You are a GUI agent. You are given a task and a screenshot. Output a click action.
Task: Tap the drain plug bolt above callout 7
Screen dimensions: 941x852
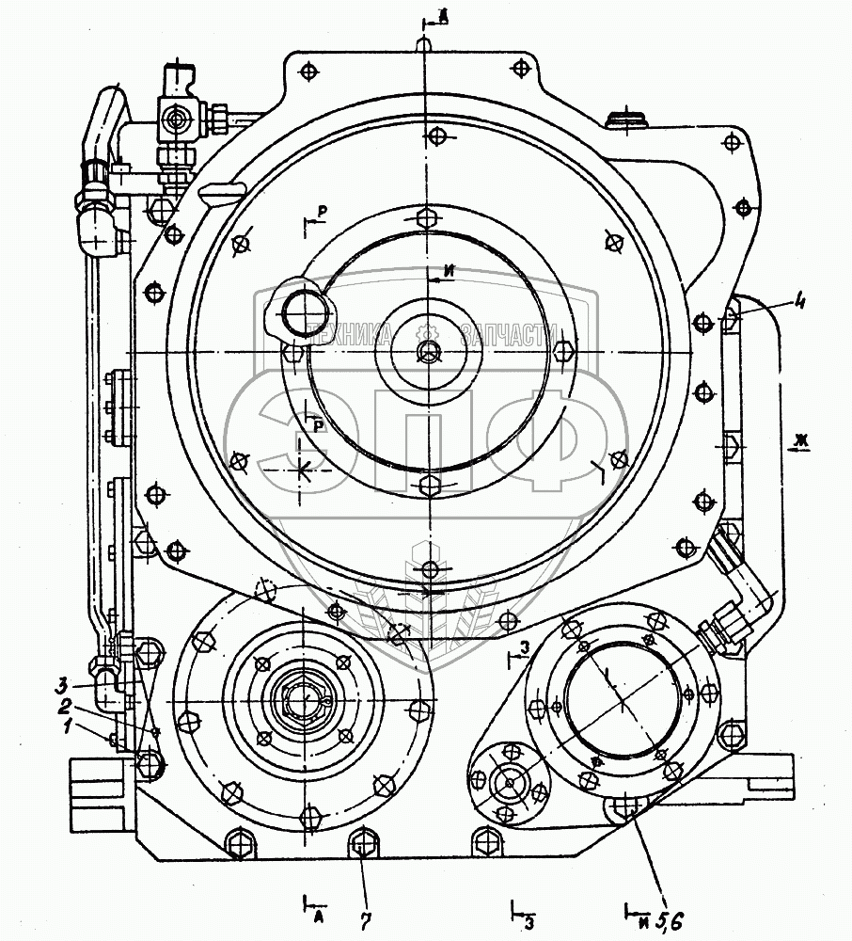(x=363, y=842)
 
